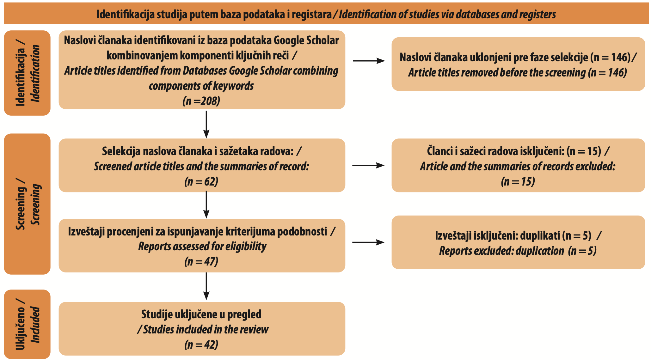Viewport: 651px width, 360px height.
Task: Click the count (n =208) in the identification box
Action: click(x=201, y=101)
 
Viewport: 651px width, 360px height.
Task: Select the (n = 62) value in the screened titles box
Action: click(x=201, y=182)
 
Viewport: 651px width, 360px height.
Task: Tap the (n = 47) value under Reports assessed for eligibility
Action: click(x=201, y=262)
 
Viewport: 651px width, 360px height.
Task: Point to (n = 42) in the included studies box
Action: click(x=201, y=345)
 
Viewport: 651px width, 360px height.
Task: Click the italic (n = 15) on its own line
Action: click(x=518, y=182)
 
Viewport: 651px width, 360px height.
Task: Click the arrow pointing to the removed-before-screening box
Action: click(x=369, y=61)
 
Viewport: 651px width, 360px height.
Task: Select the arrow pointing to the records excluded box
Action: click(x=368, y=165)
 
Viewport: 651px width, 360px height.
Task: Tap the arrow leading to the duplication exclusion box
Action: click(x=368, y=242)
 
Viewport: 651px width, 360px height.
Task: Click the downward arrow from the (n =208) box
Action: click(x=206, y=124)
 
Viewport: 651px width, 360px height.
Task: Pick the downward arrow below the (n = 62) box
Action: click(x=206, y=205)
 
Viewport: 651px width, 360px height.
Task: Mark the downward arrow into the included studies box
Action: click(x=206, y=286)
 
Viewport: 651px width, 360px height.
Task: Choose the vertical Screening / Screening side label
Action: click(x=28, y=204)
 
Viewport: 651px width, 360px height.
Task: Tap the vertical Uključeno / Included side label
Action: click(x=28, y=324)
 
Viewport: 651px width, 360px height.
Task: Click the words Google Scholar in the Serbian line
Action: click(x=306, y=41)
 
